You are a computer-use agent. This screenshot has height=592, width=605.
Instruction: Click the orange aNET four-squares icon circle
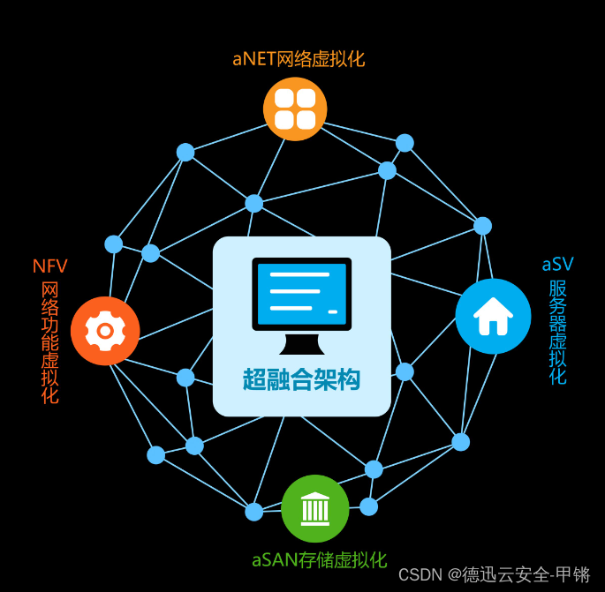pos(295,109)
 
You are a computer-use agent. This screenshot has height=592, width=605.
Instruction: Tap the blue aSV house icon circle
pos(493,316)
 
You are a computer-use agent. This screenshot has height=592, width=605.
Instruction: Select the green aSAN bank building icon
pos(314,508)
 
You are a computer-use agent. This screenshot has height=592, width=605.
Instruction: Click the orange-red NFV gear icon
pos(105,330)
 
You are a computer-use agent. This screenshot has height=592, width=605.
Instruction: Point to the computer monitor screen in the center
pos(301,293)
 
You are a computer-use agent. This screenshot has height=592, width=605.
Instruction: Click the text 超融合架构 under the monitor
pos(301,379)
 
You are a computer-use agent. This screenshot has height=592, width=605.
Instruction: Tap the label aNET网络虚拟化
pos(299,60)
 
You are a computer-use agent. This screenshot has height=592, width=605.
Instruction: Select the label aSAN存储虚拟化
pos(319,560)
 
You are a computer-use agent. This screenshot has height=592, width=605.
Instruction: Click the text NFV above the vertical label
pos(50,266)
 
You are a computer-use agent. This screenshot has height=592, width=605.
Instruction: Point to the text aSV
pos(557,264)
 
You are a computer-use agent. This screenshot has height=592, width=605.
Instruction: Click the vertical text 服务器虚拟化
pos(557,332)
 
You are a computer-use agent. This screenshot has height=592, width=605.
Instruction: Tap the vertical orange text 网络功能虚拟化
pos(50,342)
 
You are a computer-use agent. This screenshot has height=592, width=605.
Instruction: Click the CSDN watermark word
pos(420,575)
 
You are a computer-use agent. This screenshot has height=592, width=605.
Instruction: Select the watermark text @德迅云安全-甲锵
pos(518,575)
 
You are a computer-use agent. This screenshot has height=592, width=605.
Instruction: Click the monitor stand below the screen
pos(301,344)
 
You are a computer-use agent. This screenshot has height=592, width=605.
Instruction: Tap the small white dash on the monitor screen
pos(333,311)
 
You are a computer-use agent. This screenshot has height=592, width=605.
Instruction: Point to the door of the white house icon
pos(493,326)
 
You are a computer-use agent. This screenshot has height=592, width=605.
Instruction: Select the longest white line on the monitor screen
pos(299,275)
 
